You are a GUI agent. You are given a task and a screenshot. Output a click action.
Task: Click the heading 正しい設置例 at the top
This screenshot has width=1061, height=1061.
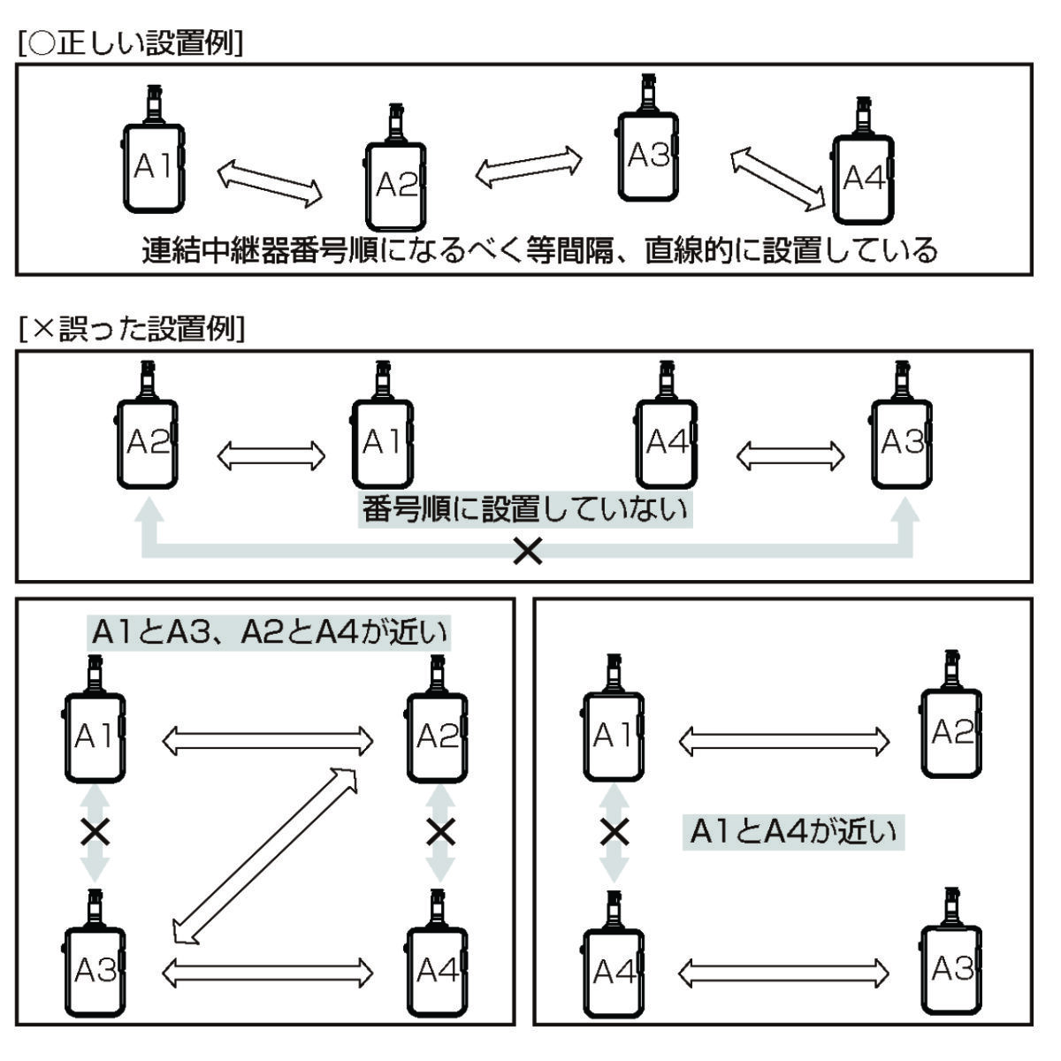[x=130, y=44]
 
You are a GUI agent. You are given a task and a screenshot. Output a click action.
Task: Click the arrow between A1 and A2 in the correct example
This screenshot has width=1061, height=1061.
[x=270, y=183]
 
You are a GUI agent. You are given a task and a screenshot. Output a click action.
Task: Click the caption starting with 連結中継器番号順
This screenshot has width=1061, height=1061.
[x=539, y=250]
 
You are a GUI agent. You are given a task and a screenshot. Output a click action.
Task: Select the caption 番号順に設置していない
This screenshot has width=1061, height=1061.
[x=525, y=511]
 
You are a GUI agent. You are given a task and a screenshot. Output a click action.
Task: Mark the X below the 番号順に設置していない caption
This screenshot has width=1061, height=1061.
[x=529, y=553]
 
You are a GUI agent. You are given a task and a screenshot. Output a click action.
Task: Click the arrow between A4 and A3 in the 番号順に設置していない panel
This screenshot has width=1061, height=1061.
[x=790, y=456]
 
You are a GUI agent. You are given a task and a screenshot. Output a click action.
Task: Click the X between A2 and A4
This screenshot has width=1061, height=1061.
[x=439, y=832]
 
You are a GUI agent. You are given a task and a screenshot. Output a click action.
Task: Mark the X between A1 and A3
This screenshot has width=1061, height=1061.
[x=95, y=832]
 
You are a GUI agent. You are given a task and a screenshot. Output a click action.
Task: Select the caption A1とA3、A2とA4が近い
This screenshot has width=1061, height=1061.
[x=269, y=633]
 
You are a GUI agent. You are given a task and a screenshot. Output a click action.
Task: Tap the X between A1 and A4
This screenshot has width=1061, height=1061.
[x=614, y=832]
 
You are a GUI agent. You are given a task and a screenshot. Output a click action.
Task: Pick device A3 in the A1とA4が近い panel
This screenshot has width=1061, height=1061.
[x=951, y=971]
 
